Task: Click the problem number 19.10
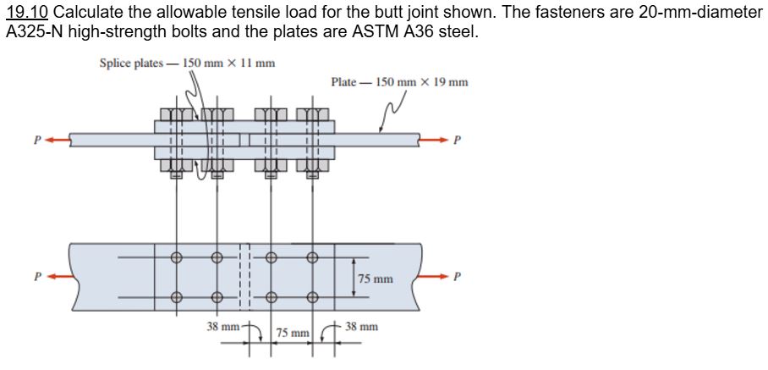[x=26, y=14]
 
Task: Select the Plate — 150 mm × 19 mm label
[x=399, y=82]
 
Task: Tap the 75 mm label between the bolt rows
[x=376, y=279]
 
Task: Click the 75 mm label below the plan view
[x=293, y=335]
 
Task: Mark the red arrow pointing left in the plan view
[x=58, y=276]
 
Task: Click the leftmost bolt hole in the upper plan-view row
[x=176, y=258]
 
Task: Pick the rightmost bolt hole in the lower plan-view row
[x=312, y=296]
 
